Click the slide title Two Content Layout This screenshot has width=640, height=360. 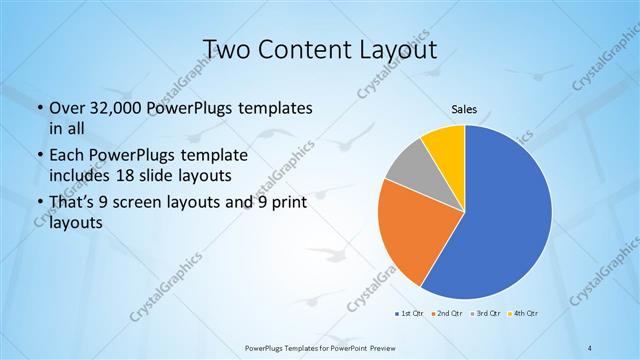[320, 49]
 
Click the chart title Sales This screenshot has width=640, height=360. [464, 112]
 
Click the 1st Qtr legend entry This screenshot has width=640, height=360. [409, 315]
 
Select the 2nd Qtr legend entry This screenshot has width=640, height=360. [447, 315]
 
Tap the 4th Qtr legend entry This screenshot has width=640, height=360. [524, 315]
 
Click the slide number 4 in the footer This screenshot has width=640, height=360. [590, 347]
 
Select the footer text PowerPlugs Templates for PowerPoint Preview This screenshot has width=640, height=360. [320, 347]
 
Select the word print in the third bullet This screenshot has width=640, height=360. [285, 204]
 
